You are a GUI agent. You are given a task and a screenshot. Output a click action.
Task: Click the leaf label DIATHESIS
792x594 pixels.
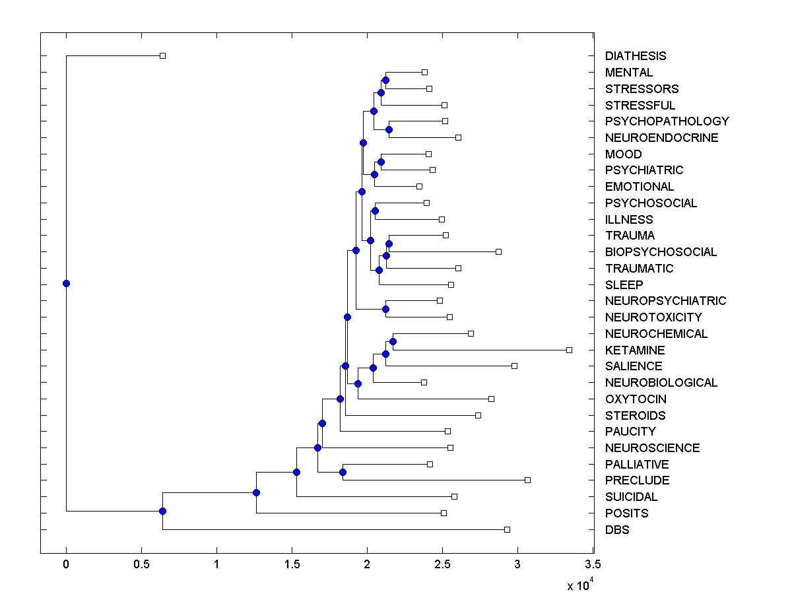coord(636,56)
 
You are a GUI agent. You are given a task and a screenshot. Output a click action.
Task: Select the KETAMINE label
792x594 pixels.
coord(635,350)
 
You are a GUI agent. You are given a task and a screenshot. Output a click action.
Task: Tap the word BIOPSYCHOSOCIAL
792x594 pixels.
coord(661,252)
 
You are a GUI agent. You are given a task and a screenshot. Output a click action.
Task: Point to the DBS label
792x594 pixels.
coord(617,529)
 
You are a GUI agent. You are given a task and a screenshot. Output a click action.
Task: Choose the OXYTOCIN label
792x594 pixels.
coord(636,399)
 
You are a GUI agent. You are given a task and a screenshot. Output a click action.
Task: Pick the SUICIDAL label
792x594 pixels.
coord(632,497)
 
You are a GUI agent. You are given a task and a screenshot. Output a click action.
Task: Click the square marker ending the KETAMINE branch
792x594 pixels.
coord(569,350)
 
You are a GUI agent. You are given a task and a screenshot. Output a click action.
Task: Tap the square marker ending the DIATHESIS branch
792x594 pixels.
coord(163,56)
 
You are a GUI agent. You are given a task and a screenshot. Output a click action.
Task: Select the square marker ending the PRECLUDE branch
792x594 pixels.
coord(527,480)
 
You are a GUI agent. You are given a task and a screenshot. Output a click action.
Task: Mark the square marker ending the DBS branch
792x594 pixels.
coord(507,529)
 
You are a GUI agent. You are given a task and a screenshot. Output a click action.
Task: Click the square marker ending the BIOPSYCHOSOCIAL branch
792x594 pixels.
coord(498,251)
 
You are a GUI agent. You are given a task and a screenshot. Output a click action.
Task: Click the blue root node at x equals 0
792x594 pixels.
coord(66,284)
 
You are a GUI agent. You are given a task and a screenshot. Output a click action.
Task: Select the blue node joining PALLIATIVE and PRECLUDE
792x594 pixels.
coord(343,472)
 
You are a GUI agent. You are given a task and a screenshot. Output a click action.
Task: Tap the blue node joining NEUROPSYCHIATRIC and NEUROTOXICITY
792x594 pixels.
coord(386,309)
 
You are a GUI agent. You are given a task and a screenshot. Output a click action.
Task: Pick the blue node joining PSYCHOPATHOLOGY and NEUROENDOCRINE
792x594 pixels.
coord(389,129)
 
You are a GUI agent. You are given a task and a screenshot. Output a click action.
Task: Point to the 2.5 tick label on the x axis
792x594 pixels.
coord(442,565)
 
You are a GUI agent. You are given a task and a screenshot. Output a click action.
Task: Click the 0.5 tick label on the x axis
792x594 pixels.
coord(141,565)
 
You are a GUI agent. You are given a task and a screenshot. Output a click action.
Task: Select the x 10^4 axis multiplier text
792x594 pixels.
coord(579,584)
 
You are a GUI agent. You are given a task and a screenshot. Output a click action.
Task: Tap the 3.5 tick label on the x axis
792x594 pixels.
coord(593,565)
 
